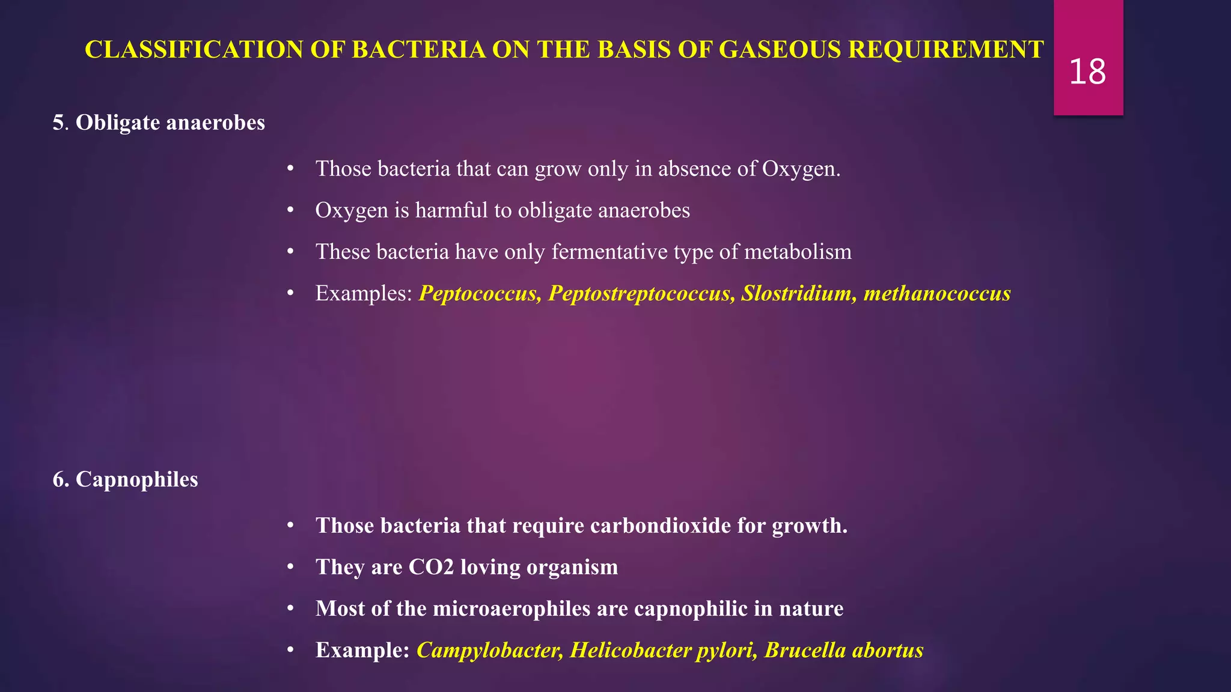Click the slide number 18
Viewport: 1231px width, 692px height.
[x=1087, y=72]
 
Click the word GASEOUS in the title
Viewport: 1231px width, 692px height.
[x=780, y=50]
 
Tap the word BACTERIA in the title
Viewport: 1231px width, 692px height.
[x=419, y=50]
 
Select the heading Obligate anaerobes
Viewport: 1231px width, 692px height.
[x=170, y=123]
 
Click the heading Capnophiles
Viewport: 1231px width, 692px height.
[x=136, y=479]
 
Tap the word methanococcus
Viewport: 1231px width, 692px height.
[x=937, y=293]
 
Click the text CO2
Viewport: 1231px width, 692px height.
[x=431, y=567]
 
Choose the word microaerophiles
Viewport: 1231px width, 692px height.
[x=512, y=609]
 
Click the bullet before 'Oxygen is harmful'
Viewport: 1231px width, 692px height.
[x=290, y=210]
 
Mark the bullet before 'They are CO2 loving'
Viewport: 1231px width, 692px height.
[x=290, y=567]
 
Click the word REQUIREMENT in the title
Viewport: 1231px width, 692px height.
[x=945, y=50]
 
